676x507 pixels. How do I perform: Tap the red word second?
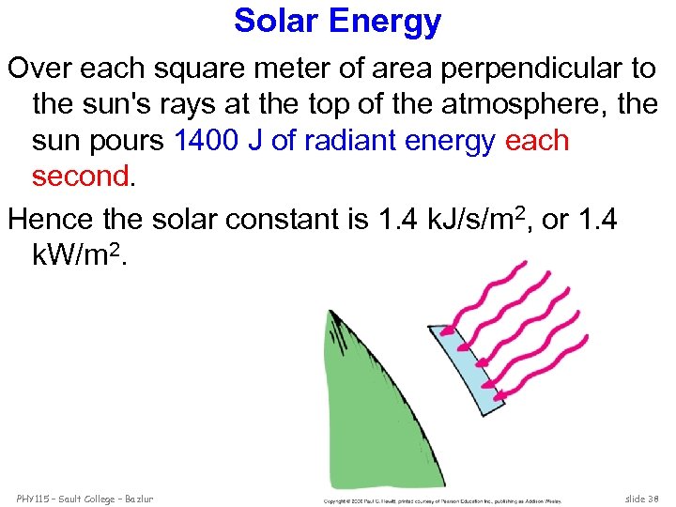[79, 176]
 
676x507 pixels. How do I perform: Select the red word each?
[537, 140]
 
